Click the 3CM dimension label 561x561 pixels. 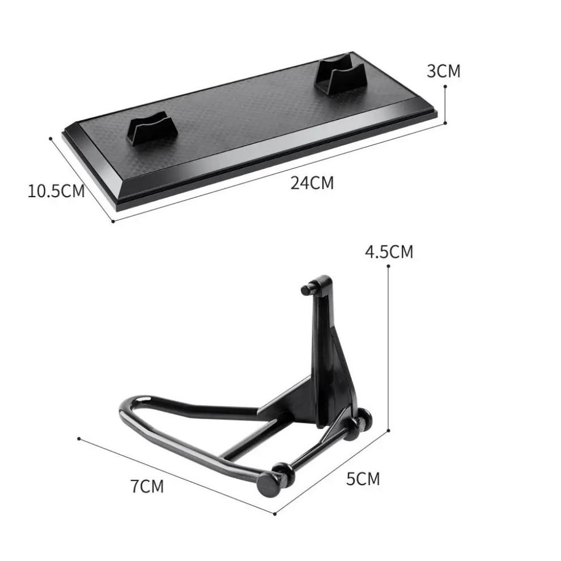[443, 71]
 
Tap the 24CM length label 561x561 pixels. [312, 183]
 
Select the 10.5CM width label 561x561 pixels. [56, 191]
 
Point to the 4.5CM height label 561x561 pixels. [389, 252]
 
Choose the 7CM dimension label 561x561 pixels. [147, 486]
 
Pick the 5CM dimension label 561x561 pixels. [363, 479]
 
